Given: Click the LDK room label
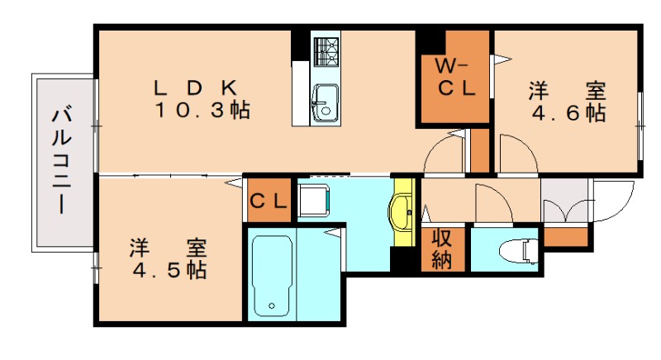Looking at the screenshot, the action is pos(196,88).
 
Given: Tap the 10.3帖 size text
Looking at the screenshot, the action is pos(202,111).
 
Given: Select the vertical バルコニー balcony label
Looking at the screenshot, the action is pos(62,161).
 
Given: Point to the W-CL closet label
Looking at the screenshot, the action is pos(455,78).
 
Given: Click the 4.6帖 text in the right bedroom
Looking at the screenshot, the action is pos(568,113).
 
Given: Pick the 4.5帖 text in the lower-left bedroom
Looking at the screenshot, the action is pos(169,270).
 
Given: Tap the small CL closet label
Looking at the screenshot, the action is pos(269,201).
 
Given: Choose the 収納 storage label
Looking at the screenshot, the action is pos(442,249).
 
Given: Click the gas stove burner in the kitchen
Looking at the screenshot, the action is pos(326,51).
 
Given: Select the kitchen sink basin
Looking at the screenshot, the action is pos(325,103).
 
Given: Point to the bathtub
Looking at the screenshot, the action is pos(272,276).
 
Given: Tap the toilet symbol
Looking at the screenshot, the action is pos(519,251).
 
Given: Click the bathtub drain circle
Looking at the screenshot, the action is pos(272,306).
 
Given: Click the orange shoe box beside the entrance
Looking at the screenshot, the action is pos(565,237).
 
